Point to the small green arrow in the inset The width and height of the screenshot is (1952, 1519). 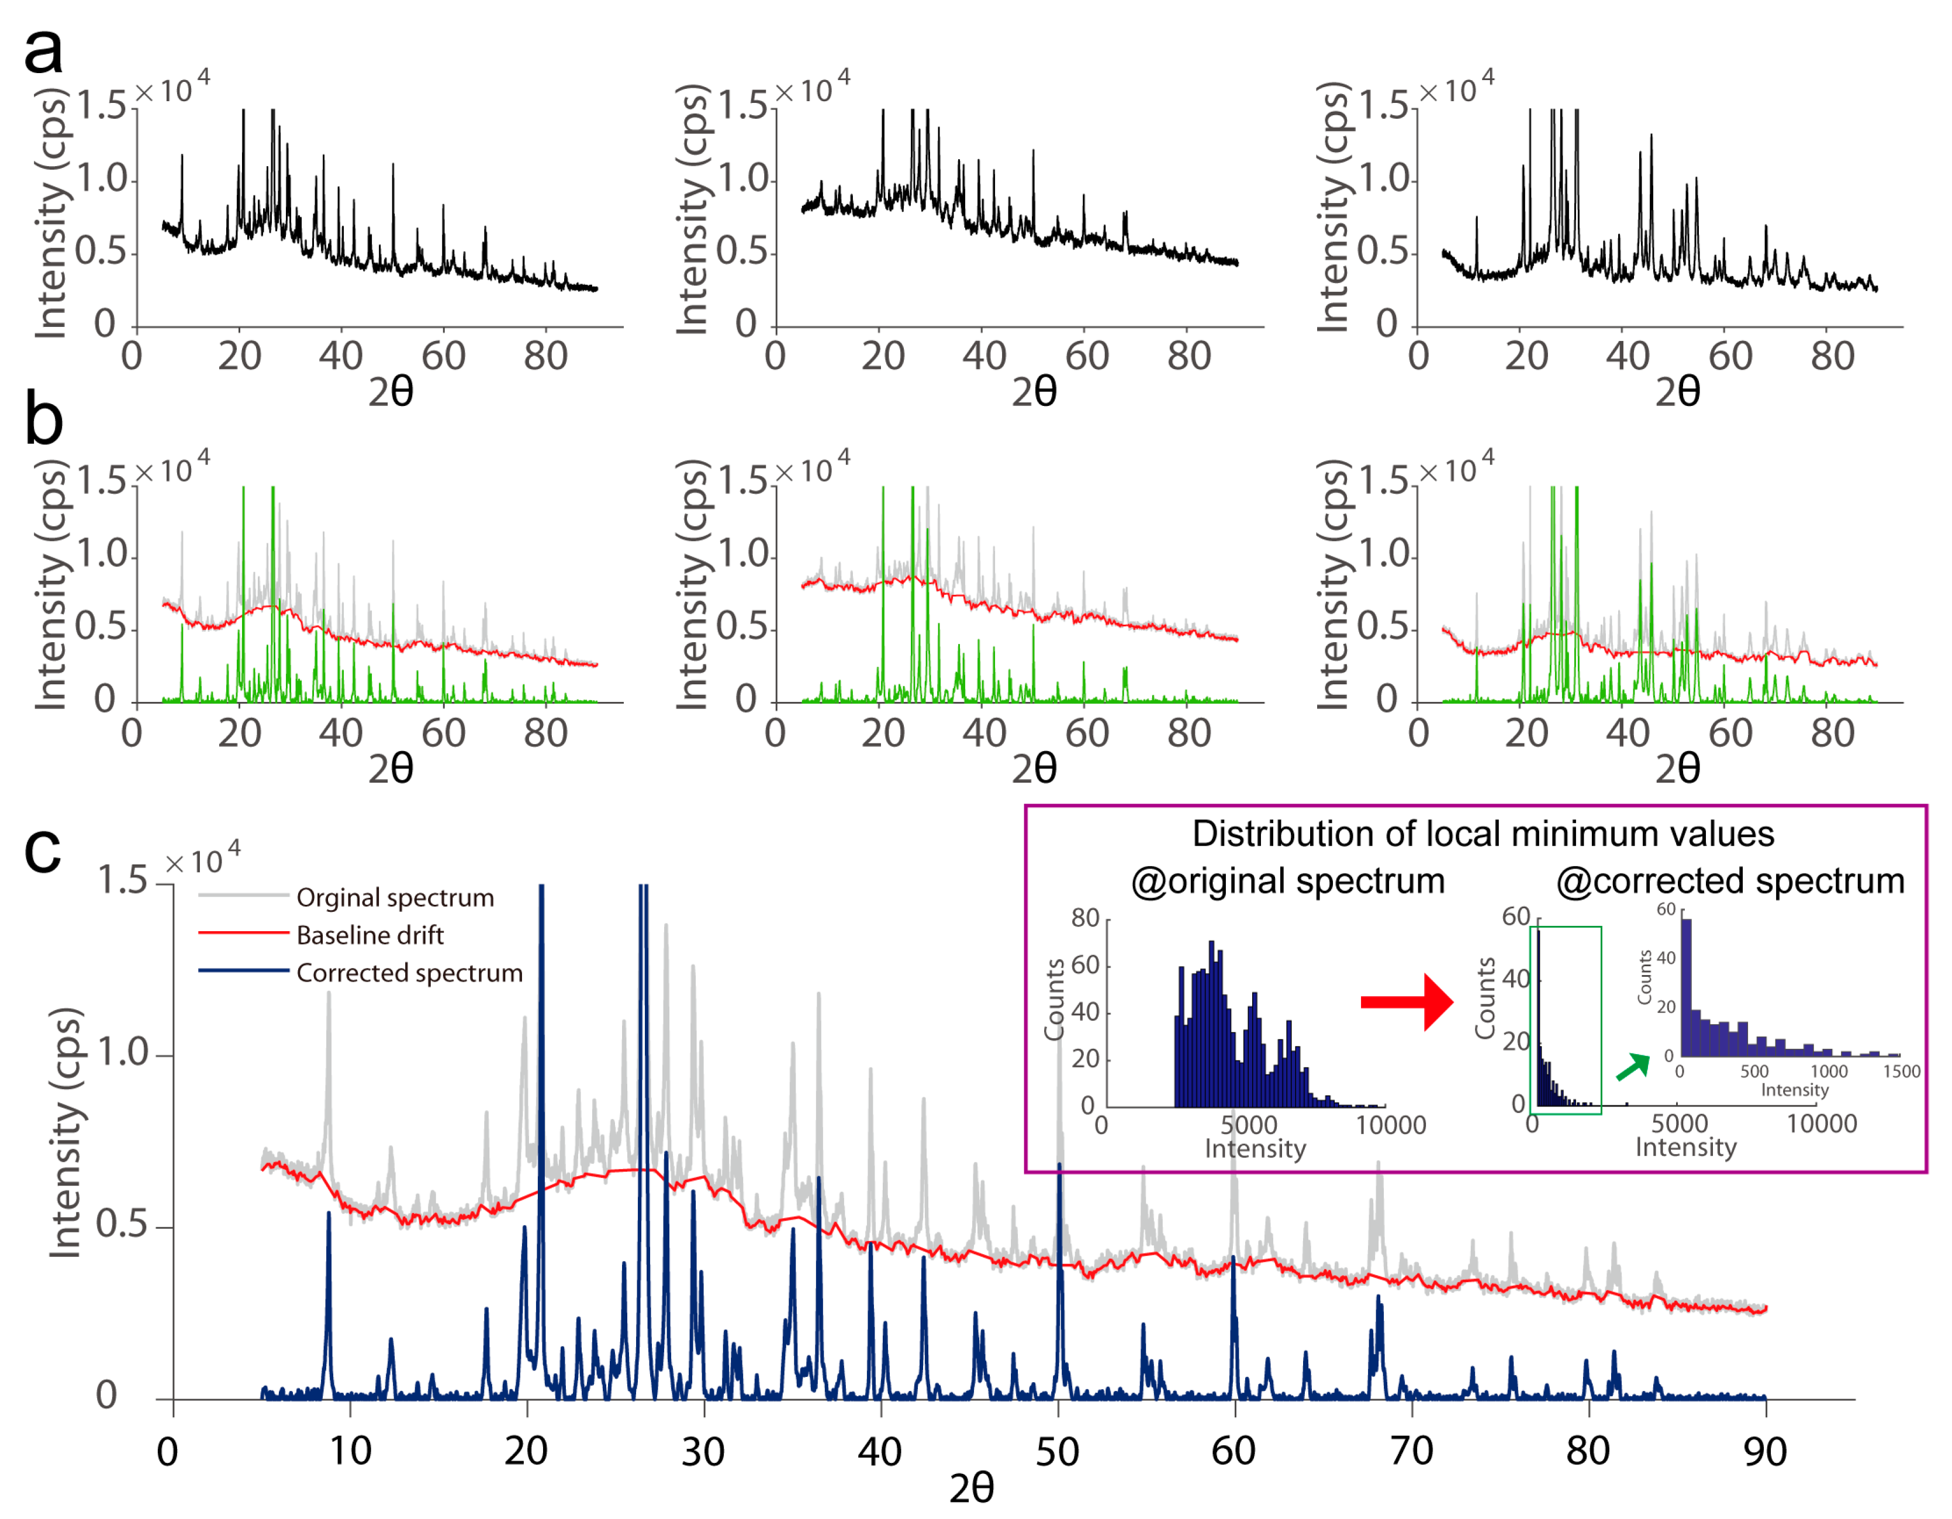(1632, 1067)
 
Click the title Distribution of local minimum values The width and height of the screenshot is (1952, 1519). (1482, 834)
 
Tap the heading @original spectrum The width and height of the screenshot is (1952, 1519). (1287, 881)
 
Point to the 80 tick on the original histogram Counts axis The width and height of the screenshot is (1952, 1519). (1085, 918)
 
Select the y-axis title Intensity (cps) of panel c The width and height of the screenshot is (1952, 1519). (65, 1134)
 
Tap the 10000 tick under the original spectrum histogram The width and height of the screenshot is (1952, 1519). (1391, 1125)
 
